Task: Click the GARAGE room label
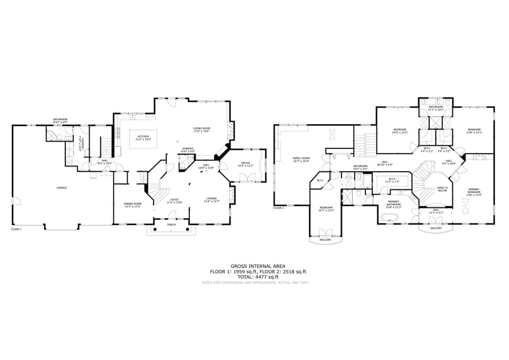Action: point(62,188)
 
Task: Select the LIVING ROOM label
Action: point(201,128)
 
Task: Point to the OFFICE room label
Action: point(245,163)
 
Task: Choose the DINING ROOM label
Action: point(133,204)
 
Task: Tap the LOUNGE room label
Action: point(211,199)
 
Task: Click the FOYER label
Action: point(174,199)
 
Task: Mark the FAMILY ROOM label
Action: point(301,158)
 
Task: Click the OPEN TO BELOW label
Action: point(442,189)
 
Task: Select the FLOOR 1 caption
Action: point(16,229)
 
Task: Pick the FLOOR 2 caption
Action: point(279,208)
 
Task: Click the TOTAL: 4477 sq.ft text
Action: point(258,277)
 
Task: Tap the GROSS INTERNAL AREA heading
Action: point(258,266)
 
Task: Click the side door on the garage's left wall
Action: point(16,201)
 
